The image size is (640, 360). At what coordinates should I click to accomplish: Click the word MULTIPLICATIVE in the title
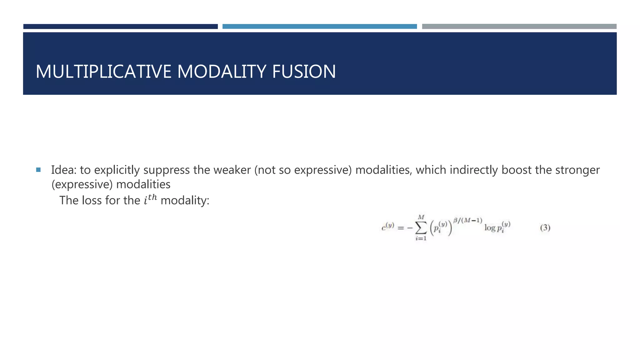tap(103, 72)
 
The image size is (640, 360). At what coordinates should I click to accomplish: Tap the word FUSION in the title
tap(304, 72)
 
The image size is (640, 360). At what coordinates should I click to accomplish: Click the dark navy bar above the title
tap(120, 27)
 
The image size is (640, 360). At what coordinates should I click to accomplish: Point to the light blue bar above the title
tap(319, 27)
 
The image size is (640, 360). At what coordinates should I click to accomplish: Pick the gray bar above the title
tap(519, 27)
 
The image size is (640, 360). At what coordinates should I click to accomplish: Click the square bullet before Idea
tap(38, 170)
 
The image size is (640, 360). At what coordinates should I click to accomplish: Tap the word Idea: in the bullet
tap(64, 170)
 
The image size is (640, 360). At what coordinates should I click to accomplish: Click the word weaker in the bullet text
tap(232, 170)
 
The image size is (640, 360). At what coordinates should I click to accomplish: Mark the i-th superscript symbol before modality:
tap(150, 199)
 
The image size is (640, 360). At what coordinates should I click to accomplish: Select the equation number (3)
tap(545, 227)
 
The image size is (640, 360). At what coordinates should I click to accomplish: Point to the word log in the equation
tap(490, 228)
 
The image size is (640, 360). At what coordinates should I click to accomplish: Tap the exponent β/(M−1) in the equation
tap(467, 221)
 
